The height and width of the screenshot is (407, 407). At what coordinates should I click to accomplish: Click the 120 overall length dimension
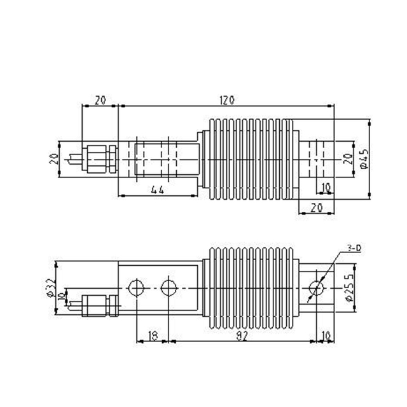point(228,100)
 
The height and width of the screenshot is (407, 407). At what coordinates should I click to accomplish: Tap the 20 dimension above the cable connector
point(100,100)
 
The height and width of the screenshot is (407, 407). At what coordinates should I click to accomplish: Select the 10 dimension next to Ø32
point(61,296)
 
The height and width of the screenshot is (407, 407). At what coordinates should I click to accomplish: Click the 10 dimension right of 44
point(325,188)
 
